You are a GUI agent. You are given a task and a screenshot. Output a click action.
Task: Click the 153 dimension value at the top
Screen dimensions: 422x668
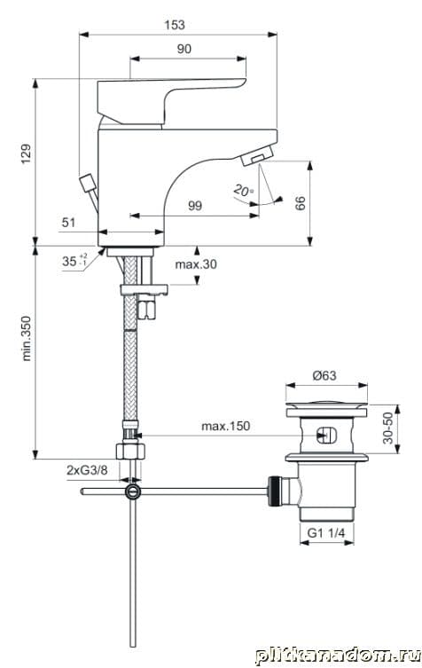tap(175, 25)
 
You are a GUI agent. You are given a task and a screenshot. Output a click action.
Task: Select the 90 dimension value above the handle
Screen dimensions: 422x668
tap(184, 49)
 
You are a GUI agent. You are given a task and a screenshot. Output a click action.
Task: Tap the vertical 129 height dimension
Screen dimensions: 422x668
tap(27, 153)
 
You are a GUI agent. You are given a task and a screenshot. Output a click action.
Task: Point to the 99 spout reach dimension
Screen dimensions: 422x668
tap(195, 206)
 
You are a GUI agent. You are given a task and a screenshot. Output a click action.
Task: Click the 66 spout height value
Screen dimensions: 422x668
tap(301, 203)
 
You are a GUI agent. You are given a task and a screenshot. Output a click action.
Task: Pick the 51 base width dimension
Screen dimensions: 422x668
tap(68, 223)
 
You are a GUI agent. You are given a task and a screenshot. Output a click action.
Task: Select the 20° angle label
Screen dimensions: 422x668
tap(243, 190)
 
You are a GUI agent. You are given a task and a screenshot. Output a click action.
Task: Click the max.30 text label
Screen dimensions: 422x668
tap(195, 264)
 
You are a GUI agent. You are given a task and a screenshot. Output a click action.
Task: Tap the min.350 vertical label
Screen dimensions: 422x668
tap(27, 338)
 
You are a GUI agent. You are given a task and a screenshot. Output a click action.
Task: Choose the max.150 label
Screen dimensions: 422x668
tap(226, 426)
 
